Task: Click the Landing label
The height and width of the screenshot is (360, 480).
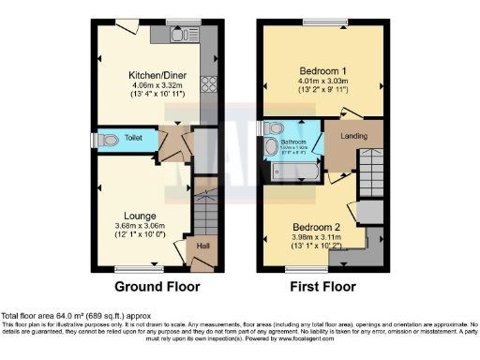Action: [353, 136]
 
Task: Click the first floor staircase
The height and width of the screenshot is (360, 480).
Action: [370, 173]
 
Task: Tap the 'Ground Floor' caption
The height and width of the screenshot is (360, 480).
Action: [156, 288]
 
